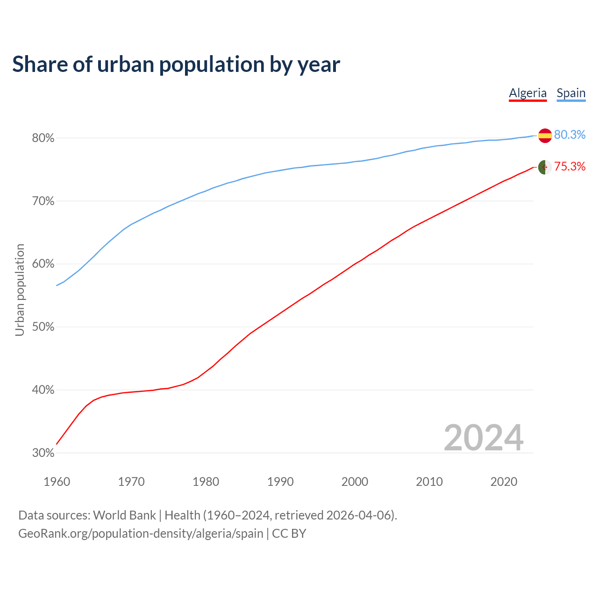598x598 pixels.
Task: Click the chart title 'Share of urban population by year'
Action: [x=176, y=64]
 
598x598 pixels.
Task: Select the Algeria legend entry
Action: [x=527, y=93]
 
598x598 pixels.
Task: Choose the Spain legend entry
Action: [x=571, y=93]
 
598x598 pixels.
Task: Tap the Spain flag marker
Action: [x=545, y=135]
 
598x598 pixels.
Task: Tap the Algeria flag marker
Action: [x=545, y=167]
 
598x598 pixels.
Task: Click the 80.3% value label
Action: [x=570, y=135]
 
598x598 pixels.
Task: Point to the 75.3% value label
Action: [x=570, y=167]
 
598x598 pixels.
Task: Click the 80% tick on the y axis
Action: [x=43, y=138]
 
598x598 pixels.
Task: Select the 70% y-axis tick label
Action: [x=43, y=201]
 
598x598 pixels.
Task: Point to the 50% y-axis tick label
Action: [x=43, y=327]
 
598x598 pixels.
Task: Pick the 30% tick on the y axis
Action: [x=43, y=453]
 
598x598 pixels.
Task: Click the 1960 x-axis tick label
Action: [x=57, y=482]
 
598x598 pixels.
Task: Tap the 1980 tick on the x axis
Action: [x=206, y=482]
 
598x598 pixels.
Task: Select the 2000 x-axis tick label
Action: [x=355, y=482]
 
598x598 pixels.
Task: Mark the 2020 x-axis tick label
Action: [x=504, y=482]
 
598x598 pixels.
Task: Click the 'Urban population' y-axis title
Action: [x=20, y=290]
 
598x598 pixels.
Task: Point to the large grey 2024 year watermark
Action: [x=484, y=438]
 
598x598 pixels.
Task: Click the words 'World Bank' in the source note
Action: [x=124, y=515]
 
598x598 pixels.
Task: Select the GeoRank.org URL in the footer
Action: [x=141, y=534]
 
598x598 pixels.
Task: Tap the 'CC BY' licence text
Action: [x=289, y=534]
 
